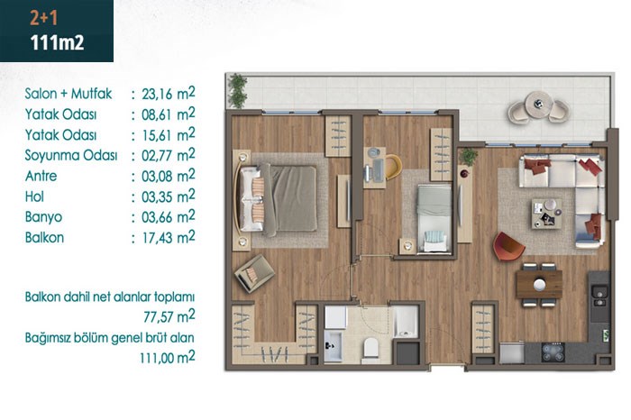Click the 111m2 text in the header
(x=57, y=42)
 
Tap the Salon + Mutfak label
(x=68, y=94)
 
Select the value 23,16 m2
(x=169, y=94)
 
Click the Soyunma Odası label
(x=71, y=155)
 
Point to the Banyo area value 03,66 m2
(x=169, y=217)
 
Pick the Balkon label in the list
(x=44, y=237)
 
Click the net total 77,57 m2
(x=169, y=316)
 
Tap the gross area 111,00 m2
(x=168, y=357)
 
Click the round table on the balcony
(x=538, y=104)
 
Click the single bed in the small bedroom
(x=434, y=218)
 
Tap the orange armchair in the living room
(x=508, y=246)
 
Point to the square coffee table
(x=546, y=214)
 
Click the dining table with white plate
(x=539, y=285)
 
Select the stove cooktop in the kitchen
(x=553, y=352)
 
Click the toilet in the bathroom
(x=370, y=348)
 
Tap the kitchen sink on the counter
(x=599, y=296)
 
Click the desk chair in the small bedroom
(x=393, y=167)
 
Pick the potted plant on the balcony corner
(x=237, y=90)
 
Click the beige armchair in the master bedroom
(x=254, y=273)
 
